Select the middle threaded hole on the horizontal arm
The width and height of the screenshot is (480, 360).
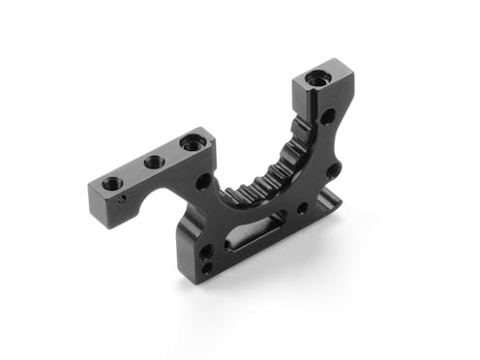coord(152,162)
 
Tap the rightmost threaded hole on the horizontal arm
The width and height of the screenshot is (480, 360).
coord(190,145)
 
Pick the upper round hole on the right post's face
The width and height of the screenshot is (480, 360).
coord(327,117)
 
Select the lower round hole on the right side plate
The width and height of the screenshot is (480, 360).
coord(333,171)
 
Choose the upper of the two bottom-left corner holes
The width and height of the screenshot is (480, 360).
coord(206,251)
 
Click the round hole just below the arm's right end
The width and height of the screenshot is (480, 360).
coord(203,182)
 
